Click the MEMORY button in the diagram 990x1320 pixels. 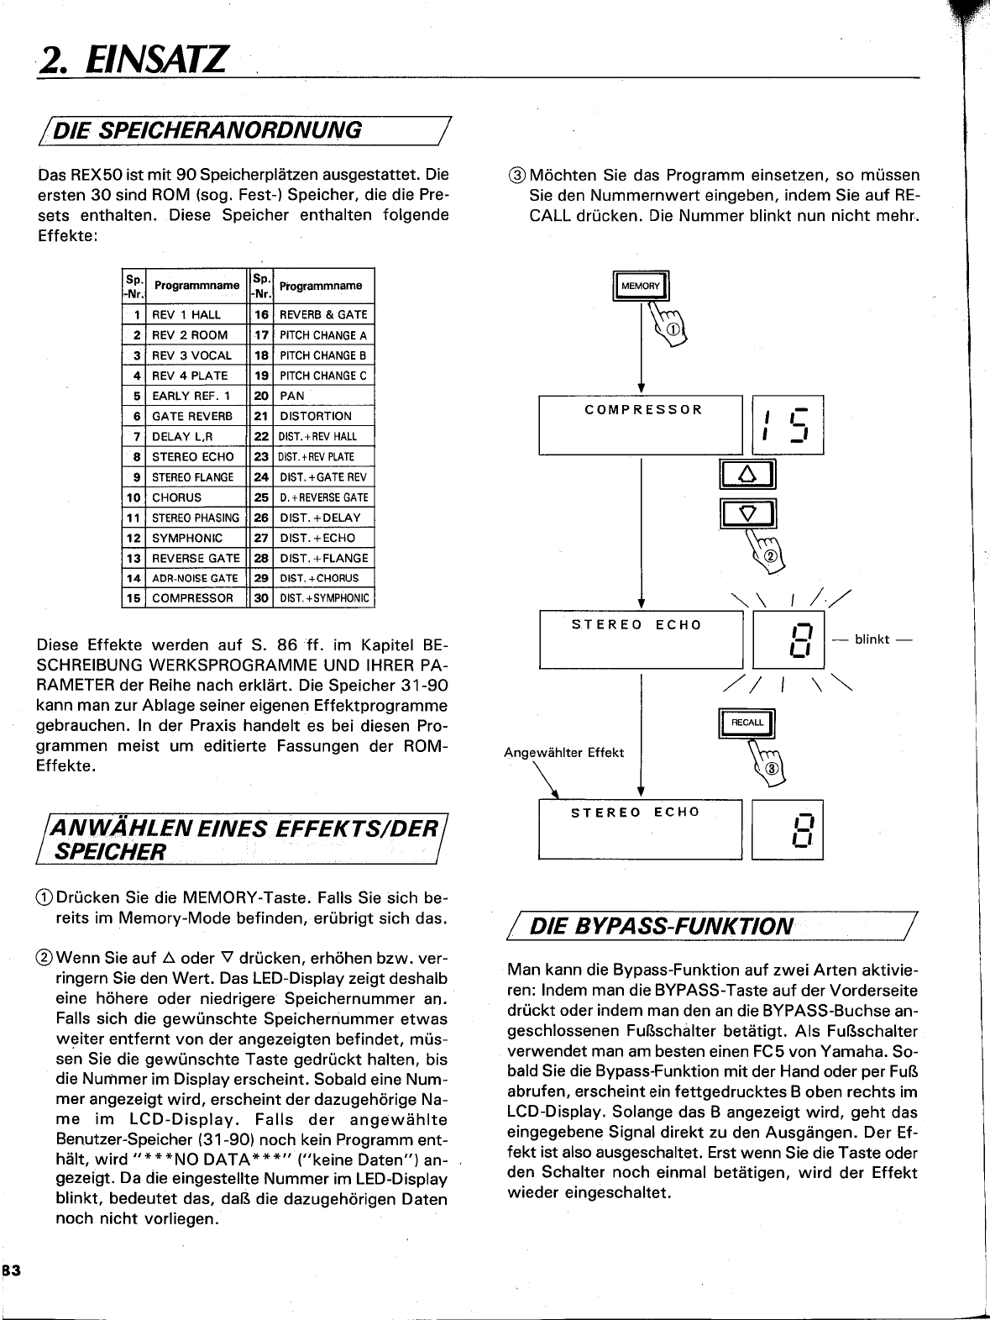tap(641, 287)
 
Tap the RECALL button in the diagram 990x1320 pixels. tap(747, 723)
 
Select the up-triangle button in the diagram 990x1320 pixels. tap(747, 476)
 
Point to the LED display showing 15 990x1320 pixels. tap(788, 425)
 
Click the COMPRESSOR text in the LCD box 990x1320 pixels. tap(643, 410)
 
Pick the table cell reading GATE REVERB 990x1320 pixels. tap(193, 416)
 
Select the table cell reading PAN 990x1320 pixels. tap(293, 396)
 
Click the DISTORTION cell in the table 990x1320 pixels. tap(316, 416)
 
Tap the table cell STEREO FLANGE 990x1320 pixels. tap(193, 477)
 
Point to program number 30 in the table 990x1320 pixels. tap(261, 598)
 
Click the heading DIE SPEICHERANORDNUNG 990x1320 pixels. tap(231, 129)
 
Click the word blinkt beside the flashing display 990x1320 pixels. tap(872, 639)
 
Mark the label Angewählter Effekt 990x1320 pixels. tap(563, 753)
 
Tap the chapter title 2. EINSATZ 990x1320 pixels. tap(133, 60)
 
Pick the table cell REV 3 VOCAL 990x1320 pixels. tap(191, 355)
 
